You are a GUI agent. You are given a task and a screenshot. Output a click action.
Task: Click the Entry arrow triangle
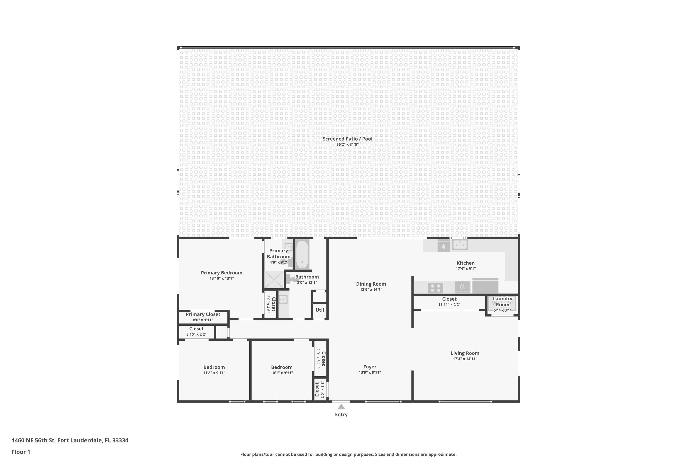pos(341,407)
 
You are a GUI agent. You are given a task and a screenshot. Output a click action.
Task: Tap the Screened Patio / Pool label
pos(347,139)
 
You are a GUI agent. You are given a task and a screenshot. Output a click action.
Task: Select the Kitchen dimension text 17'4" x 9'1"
pos(466,269)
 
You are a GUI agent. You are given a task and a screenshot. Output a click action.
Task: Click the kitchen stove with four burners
pos(435,288)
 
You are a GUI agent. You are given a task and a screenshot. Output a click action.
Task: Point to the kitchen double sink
pos(460,245)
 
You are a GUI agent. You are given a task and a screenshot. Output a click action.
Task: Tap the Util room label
pos(319,310)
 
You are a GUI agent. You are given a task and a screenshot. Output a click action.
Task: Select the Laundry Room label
pos(502,302)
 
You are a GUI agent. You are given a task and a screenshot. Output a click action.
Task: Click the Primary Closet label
pos(203,314)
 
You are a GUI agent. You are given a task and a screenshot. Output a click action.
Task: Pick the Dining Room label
pos(371,284)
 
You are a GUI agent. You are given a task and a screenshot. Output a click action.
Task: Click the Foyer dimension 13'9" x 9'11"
pos(370,372)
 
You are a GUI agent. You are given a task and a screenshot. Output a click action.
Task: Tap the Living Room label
pos(465,353)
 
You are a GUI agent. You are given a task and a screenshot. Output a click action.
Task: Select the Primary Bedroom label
pos(221,273)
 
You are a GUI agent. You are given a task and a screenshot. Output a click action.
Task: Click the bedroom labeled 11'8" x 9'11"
pos(214,370)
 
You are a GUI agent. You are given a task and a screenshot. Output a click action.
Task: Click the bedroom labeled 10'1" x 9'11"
pos(282,370)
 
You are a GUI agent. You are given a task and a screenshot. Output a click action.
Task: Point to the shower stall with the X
pos(274,280)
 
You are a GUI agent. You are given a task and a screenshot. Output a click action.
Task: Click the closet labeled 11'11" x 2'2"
pos(449,302)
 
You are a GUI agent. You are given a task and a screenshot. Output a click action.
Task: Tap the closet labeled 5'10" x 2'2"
pos(196,332)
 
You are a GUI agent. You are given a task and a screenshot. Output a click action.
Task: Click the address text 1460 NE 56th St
pos(70,440)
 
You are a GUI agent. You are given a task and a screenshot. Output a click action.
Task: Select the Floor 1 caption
pos(21,452)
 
